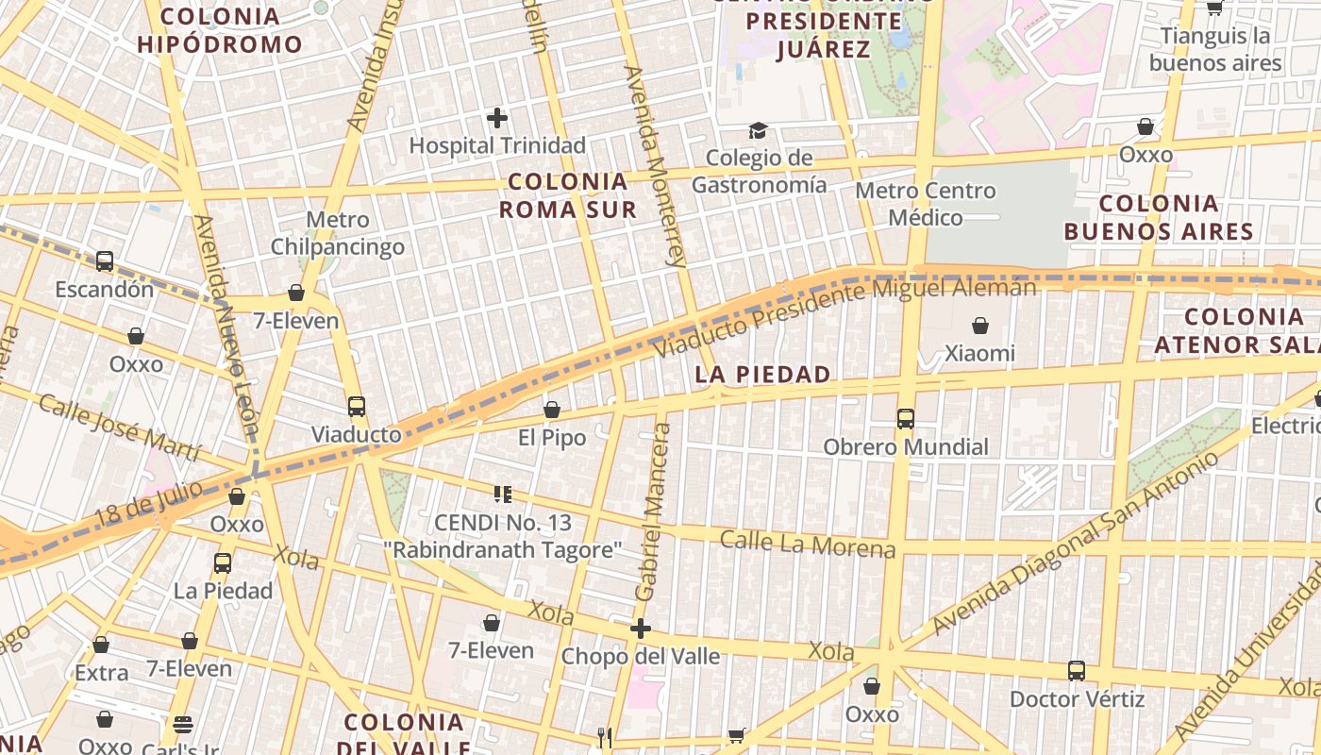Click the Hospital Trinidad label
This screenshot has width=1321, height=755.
pyautogui.click(x=497, y=145)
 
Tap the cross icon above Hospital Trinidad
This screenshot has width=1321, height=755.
pyautogui.click(x=497, y=118)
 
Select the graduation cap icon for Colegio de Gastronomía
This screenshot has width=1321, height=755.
pyautogui.click(x=758, y=130)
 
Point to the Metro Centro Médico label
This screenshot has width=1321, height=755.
pyautogui.click(x=925, y=204)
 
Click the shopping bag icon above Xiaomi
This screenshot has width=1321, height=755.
pyautogui.click(x=980, y=326)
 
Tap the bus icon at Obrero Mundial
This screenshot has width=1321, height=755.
pyautogui.click(x=906, y=418)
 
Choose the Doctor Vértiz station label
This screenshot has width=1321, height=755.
pyautogui.click(x=1077, y=699)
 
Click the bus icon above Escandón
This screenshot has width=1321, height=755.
pyautogui.click(x=105, y=261)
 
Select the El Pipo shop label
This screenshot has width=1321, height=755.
pyautogui.click(x=552, y=438)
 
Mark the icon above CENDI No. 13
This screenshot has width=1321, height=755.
pyautogui.click(x=502, y=494)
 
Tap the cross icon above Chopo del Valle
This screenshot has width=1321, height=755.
pyautogui.click(x=641, y=629)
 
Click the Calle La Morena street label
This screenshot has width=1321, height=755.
pyautogui.click(x=807, y=544)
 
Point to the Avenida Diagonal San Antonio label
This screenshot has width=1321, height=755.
pyautogui.click(x=1075, y=543)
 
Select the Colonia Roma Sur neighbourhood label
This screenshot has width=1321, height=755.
pyautogui.click(x=568, y=195)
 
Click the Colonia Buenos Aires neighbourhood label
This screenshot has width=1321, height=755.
pyautogui.click(x=1159, y=217)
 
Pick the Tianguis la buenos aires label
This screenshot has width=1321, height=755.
pyautogui.click(x=1215, y=50)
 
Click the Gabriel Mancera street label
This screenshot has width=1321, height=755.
pyautogui.click(x=654, y=512)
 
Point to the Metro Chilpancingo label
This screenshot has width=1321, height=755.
pyautogui.click(x=338, y=233)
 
